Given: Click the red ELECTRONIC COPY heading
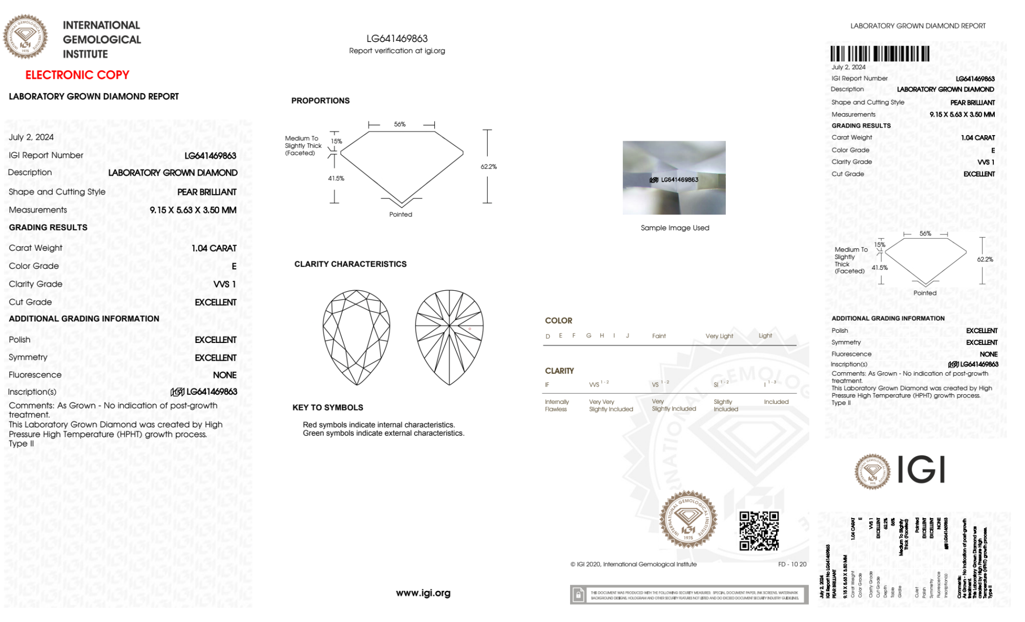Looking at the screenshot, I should tap(77, 75).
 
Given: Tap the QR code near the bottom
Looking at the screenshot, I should tap(759, 531).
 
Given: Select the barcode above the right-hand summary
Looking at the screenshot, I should tap(880, 54).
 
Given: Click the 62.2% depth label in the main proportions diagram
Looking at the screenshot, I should tap(489, 166).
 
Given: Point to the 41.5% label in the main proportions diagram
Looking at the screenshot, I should tap(336, 178).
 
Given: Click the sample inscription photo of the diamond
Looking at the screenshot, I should tap(674, 178).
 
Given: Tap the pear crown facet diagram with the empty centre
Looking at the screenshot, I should tap(356, 337).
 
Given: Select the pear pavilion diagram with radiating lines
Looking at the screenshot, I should tap(449, 337).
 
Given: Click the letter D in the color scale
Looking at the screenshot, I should tap(548, 336).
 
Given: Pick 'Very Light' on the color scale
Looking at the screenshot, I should tap(719, 336).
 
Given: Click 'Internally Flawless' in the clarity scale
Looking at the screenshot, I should tap(556, 405).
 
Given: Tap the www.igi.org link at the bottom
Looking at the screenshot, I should tap(423, 593).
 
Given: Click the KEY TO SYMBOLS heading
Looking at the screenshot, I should tap(328, 407).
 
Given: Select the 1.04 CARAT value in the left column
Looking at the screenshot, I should tap(214, 248).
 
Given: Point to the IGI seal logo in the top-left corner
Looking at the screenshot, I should tap(25, 36).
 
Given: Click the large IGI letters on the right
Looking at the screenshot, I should tap(921, 470).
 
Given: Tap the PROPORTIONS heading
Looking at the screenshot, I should tap(321, 101).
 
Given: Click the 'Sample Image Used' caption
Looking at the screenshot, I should tap(675, 228).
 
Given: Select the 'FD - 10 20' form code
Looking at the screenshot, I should tap(792, 564).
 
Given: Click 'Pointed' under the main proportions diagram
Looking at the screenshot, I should tap(401, 215).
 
